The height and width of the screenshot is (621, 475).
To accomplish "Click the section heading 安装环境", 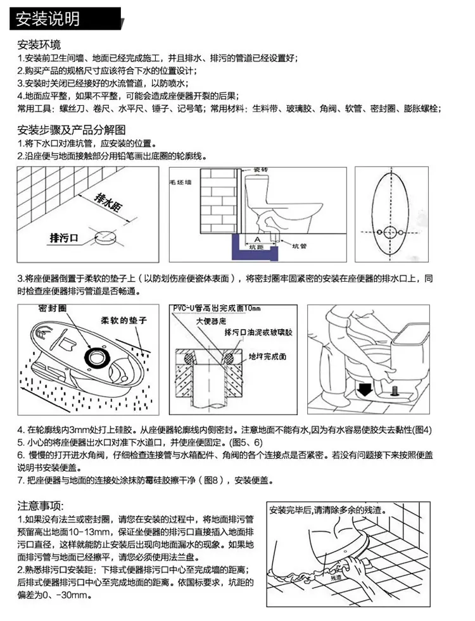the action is coord(39,46).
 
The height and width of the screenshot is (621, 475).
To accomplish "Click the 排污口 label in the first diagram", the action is coord(63,238).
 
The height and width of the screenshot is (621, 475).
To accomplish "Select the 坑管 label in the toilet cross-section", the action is coord(303,246).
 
